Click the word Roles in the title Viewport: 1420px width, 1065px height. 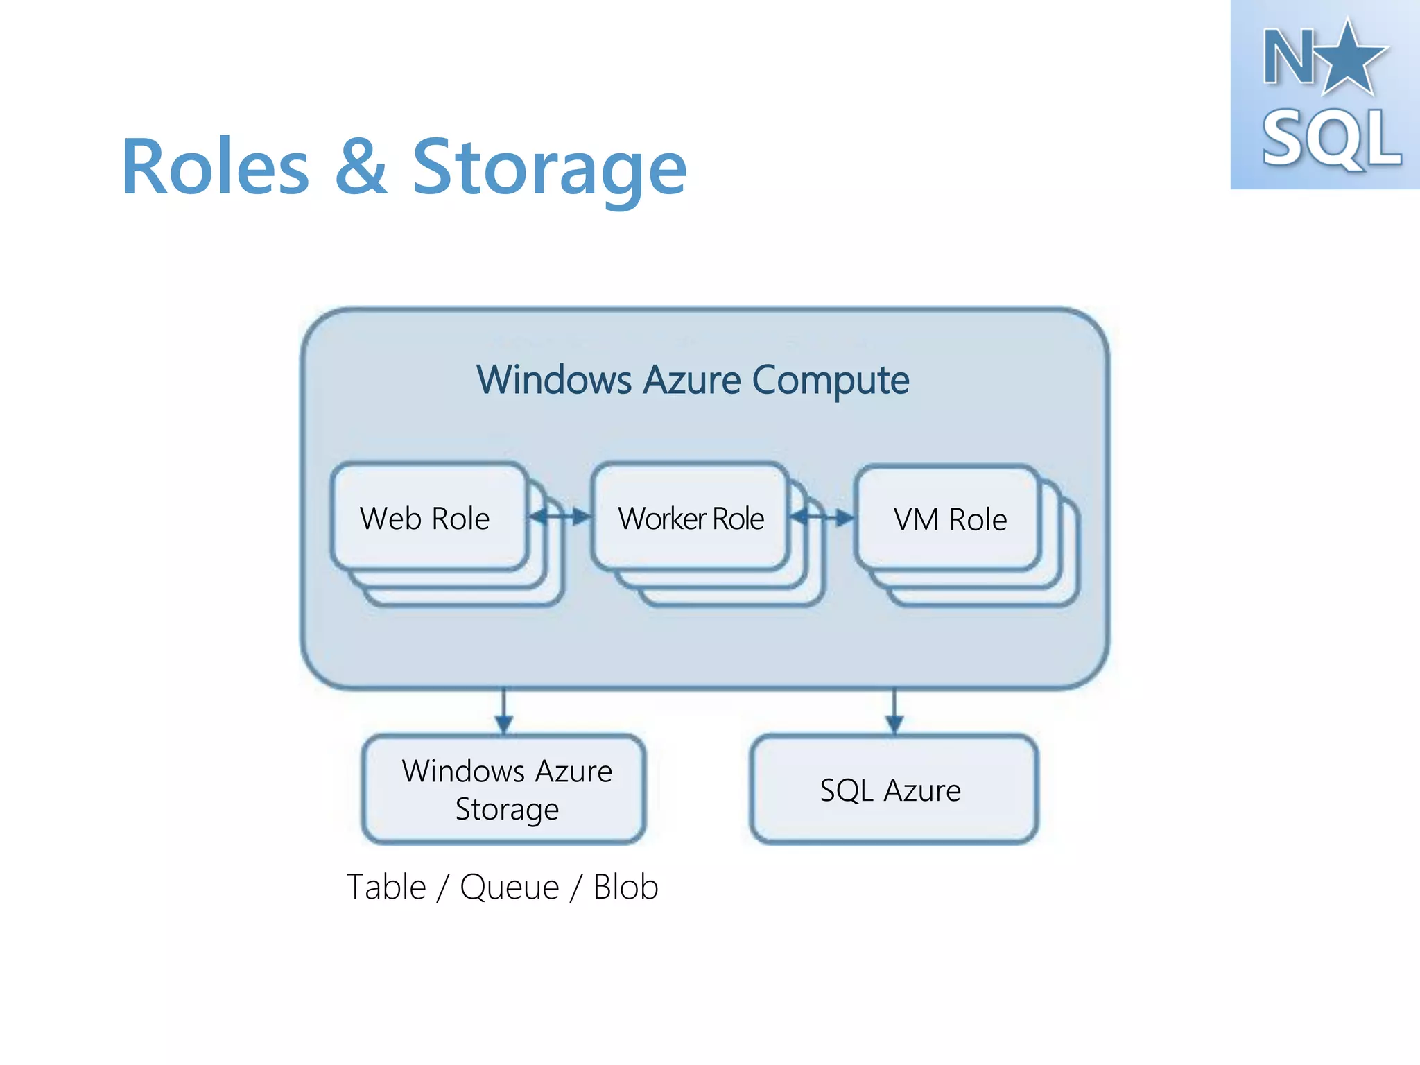click(x=216, y=168)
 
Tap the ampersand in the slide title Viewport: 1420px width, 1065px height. click(x=361, y=168)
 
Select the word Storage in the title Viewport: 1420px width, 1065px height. click(x=549, y=168)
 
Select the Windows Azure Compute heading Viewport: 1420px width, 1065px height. click(x=692, y=380)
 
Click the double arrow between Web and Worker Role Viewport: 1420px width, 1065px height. click(x=560, y=517)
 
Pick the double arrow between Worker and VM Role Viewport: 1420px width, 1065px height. click(x=822, y=517)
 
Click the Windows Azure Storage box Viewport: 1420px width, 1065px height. click(x=505, y=790)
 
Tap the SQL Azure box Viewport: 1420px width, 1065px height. click(x=893, y=790)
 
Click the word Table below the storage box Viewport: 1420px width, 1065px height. click(x=386, y=887)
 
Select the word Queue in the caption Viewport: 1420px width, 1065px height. click(x=510, y=888)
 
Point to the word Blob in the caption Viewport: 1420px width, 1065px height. click(x=625, y=887)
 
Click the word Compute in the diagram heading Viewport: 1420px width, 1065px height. click(x=830, y=380)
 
